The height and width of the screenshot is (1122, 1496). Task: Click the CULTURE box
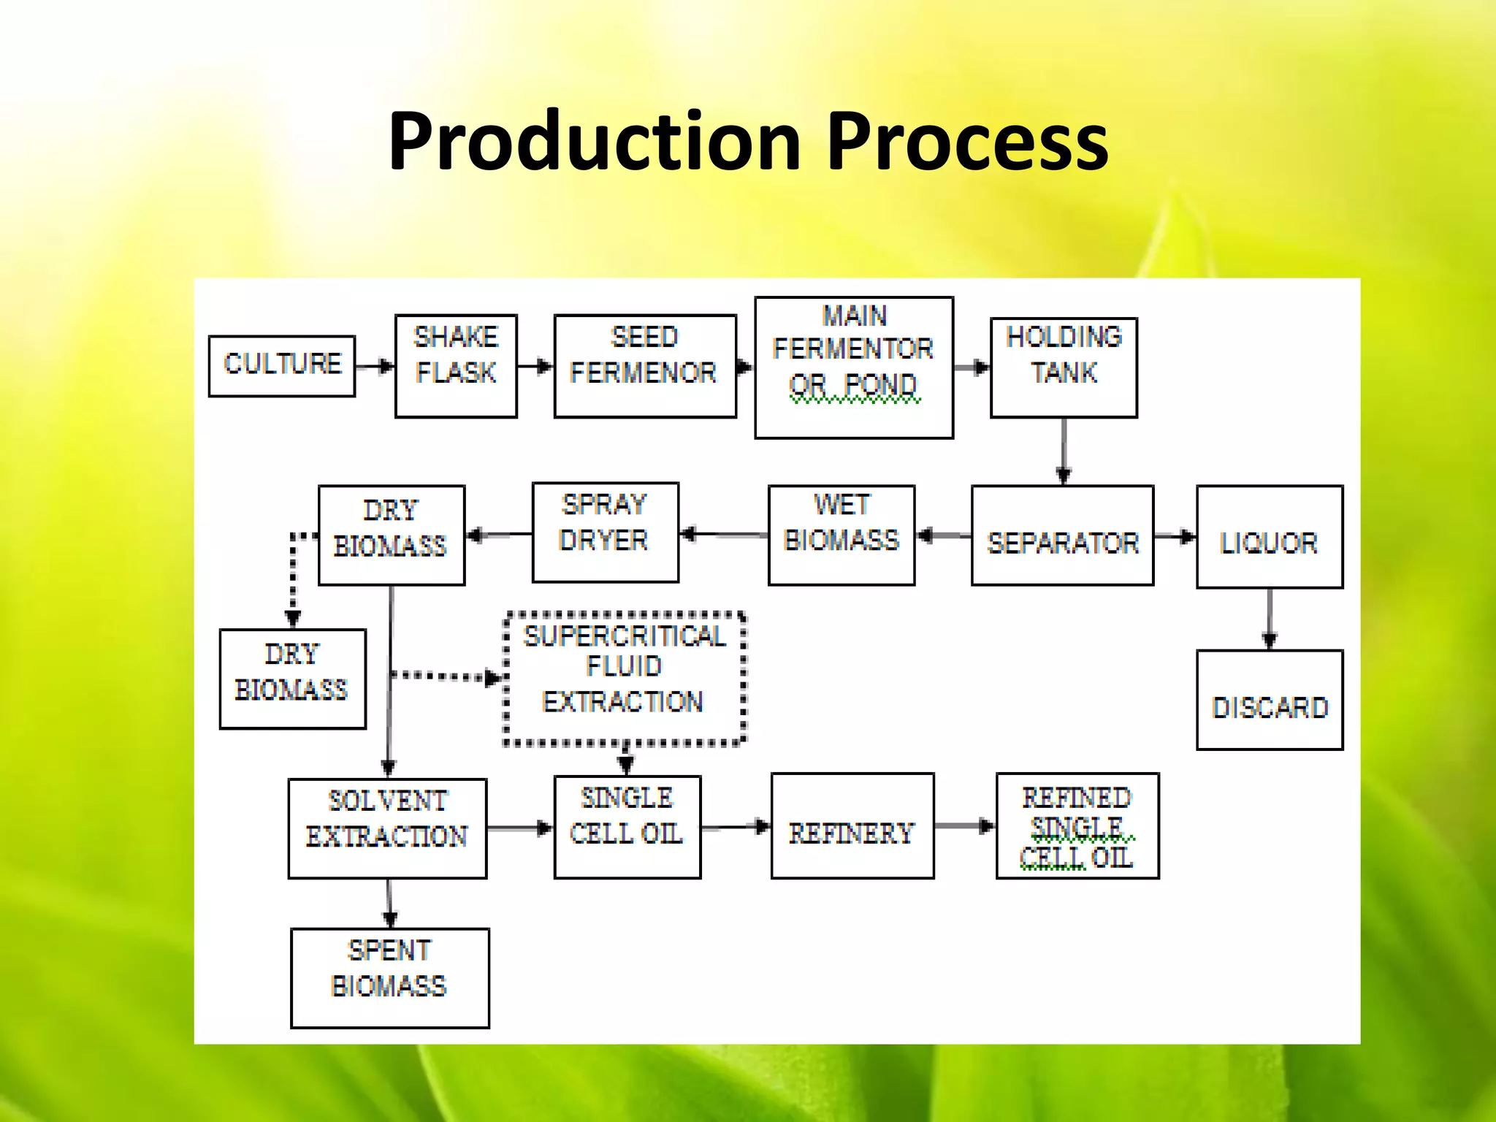click(x=282, y=366)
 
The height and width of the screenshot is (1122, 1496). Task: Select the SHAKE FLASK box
click(x=456, y=366)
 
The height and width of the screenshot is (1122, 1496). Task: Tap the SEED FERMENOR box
click(x=645, y=366)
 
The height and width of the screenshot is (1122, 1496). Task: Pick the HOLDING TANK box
click(x=1064, y=367)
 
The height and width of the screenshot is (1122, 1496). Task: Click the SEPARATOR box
click(x=1062, y=535)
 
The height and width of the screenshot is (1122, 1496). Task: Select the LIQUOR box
click(x=1269, y=537)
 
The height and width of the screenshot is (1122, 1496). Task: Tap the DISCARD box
click(x=1269, y=700)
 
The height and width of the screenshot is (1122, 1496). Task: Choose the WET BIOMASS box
click(x=841, y=535)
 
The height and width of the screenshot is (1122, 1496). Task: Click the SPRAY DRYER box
click(x=605, y=532)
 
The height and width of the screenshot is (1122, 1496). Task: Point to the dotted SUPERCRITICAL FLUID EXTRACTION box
click(x=625, y=679)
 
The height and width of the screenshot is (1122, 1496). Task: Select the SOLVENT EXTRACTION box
click(x=387, y=828)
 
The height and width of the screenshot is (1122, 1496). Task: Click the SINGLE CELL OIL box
click(x=627, y=826)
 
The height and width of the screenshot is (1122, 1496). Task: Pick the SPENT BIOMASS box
click(x=389, y=978)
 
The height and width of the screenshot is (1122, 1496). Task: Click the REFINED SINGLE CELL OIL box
click(x=1077, y=825)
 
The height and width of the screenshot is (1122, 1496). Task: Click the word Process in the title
click(x=967, y=142)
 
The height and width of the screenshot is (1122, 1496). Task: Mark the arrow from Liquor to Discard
click(x=1270, y=618)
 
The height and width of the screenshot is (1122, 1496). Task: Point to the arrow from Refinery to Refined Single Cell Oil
click(x=964, y=826)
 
